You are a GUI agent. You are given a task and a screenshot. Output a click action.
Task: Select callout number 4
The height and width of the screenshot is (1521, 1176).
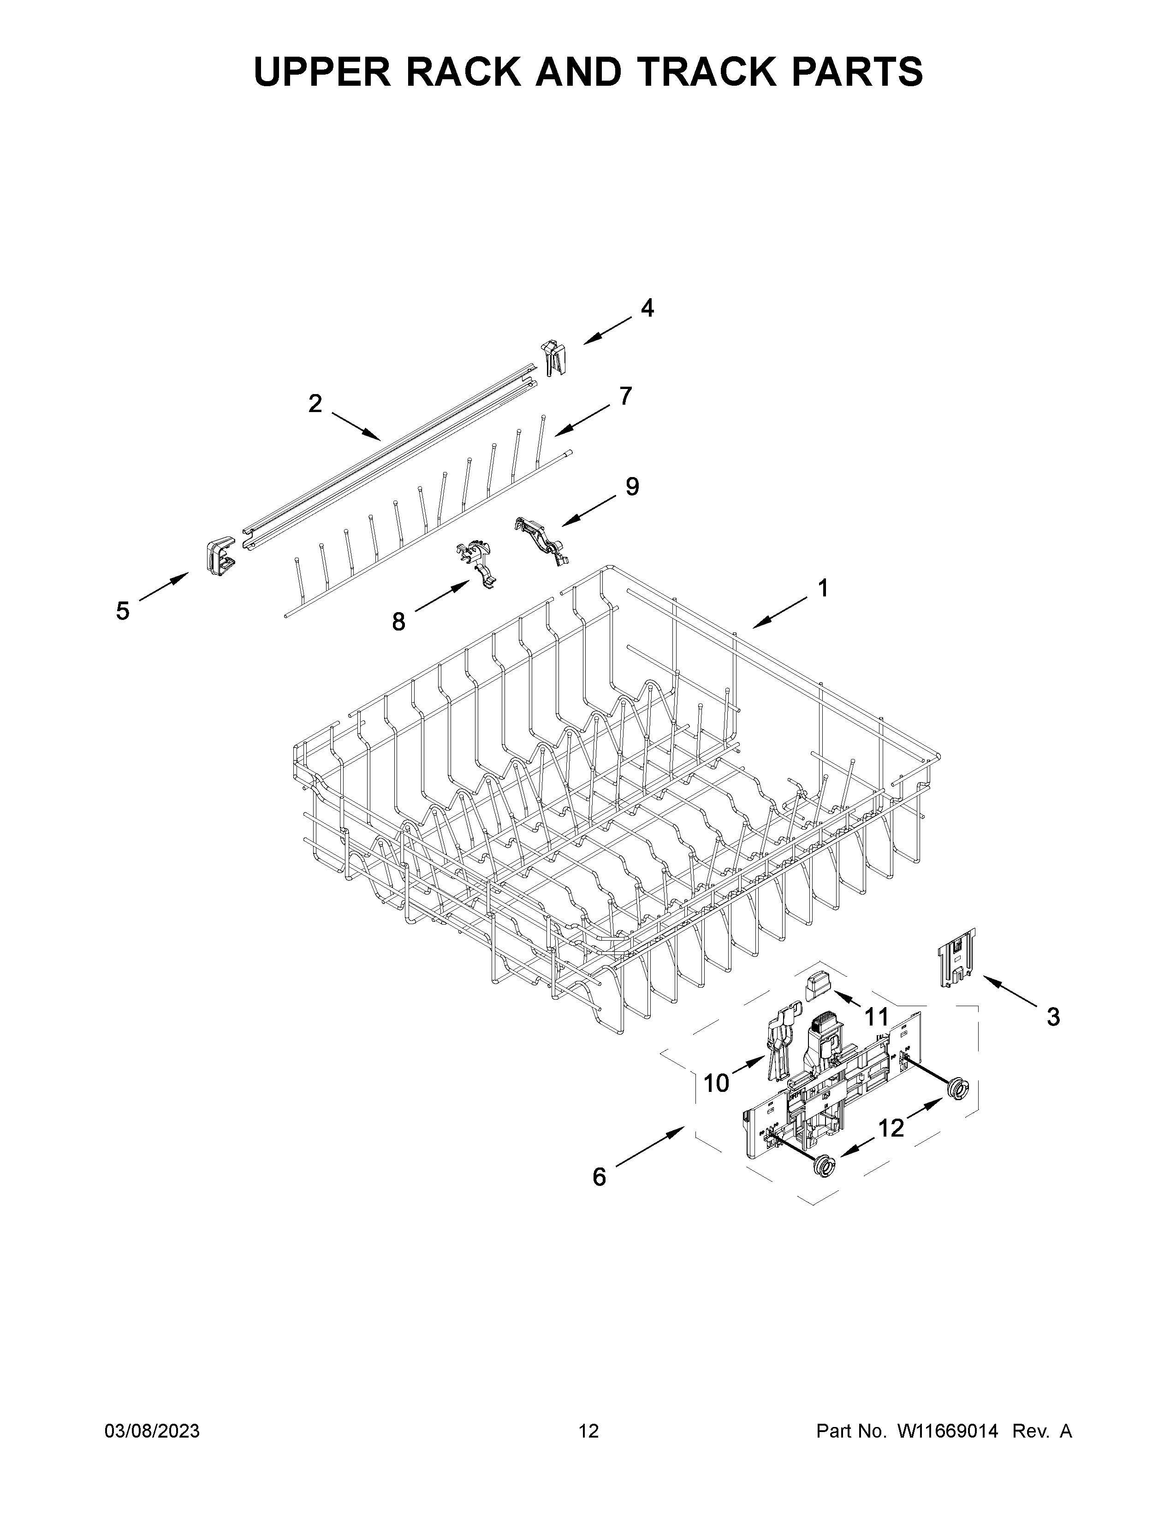point(647,308)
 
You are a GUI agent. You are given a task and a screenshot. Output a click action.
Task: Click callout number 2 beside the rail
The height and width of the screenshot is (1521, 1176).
point(315,403)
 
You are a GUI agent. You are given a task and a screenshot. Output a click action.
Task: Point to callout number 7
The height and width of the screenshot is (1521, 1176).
point(625,396)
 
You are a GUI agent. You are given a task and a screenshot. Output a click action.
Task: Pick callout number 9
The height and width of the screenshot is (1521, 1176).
point(632,486)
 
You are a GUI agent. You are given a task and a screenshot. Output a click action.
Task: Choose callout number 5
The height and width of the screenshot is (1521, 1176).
point(123,612)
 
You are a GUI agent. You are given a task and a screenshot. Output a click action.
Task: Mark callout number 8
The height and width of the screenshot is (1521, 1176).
point(398,621)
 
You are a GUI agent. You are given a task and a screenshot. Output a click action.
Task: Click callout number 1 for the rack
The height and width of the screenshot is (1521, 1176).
point(823,589)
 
